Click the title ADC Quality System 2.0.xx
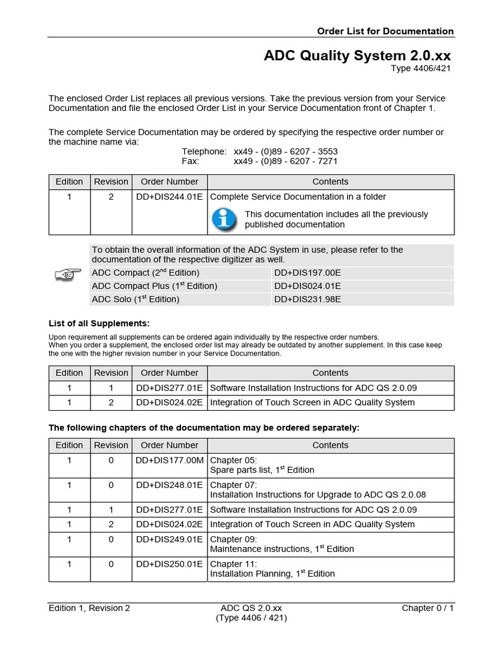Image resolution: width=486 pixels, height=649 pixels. pyautogui.click(x=358, y=56)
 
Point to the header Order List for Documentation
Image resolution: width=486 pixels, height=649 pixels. pyautogui.click(x=385, y=31)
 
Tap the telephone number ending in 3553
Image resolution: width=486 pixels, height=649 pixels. pyautogui.click(x=285, y=151)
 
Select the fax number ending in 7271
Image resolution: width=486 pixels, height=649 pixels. pyautogui.click(x=285, y=162)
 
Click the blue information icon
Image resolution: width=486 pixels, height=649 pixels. pyautogui.click(x=223, y=219)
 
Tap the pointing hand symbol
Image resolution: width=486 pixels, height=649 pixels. pyautogui.click(x=68, y=274)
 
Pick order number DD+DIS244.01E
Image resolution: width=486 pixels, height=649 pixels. pyautogui.click(x=169, y=196)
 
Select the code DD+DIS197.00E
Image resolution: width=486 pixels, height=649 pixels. pyautogui.click(x=308, y=273)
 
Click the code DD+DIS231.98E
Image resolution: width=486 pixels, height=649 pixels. pyautogui.click(x=308, y=299)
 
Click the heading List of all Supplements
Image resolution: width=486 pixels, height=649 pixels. pyautogui.click(x=99, y=323)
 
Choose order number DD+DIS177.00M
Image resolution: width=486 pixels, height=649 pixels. pyautogui.click(x=170, y=460)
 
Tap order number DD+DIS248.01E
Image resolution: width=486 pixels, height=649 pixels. pyautogui.click(x=169, y=485)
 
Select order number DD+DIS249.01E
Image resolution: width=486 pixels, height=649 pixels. pyautogui.click(x=169, y=539)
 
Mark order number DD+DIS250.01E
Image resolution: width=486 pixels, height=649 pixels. pyautogui.click(x=169, y=563)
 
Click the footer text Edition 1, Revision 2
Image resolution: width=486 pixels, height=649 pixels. pyautogui.click(x=89, y=608)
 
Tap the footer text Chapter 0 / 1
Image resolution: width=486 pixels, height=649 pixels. pyautogui.click(x=428, y=608)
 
